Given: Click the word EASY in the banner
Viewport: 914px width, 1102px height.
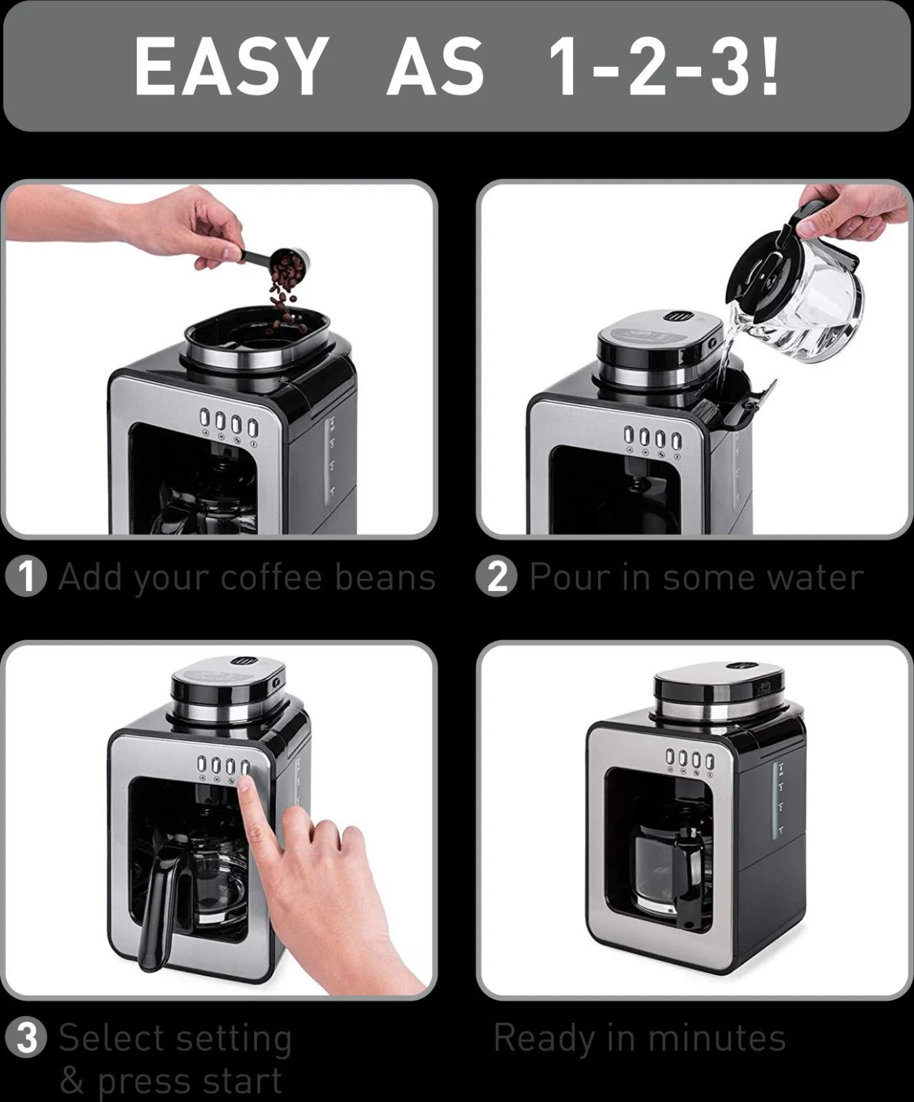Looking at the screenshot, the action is coord(230,65).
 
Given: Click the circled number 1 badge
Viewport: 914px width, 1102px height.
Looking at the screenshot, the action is coord(25,576).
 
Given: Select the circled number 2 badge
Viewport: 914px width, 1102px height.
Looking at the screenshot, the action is coord(496,576).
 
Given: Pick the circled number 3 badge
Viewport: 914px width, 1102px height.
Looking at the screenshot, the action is coord(25,1038).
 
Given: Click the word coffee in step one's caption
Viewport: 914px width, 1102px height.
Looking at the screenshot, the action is coord(272,576).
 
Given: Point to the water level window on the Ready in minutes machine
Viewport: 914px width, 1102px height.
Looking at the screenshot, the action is coord(779,802).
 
